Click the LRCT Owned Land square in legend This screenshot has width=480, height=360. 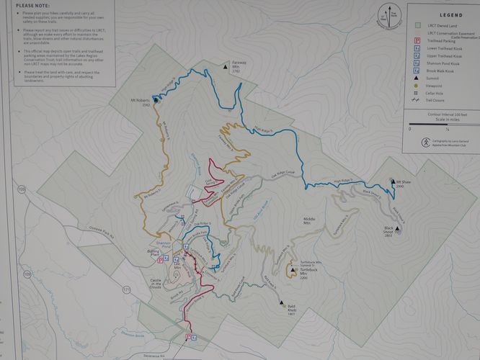click(x=417, y=24)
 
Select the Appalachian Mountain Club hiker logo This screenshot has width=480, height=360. click(x=416, y=142)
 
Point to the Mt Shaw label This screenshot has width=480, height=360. click(x=403, y=183)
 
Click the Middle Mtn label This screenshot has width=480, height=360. click(x=311, y=220)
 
